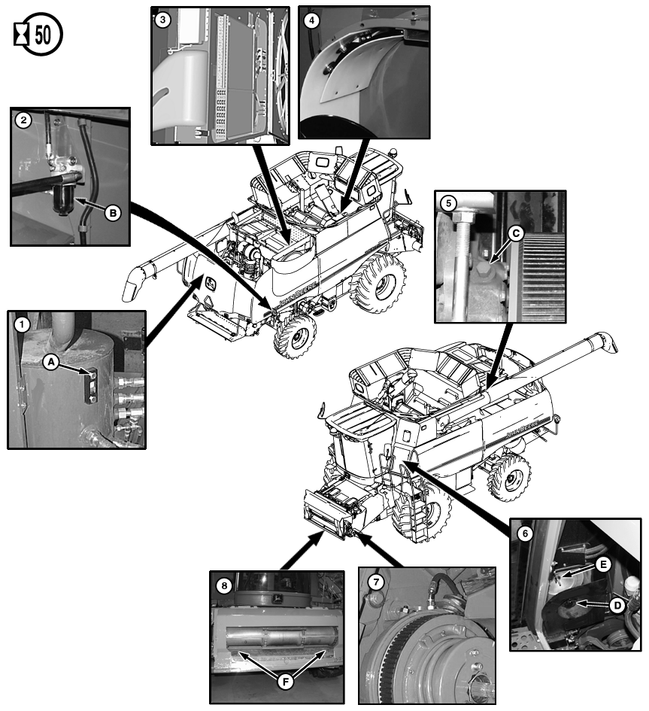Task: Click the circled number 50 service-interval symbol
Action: point(38,34)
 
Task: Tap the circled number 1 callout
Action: point(22,325)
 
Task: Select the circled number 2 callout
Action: point(23,120)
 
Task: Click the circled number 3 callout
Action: point(162,20)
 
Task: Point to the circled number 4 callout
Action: point(311,20)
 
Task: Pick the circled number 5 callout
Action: point(449,202)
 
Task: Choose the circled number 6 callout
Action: point(525,533)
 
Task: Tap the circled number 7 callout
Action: point(376,582)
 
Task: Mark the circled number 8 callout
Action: point(224,586)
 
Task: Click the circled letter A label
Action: point(51,362)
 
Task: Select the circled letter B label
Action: point(113,213)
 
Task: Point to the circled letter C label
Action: point(516,233)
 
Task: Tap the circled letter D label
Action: point(617,606)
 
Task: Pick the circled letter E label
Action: point(603,564)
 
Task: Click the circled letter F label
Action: point(285,682)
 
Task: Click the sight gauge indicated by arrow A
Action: point(92,385)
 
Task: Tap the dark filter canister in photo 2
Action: point(65,199)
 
